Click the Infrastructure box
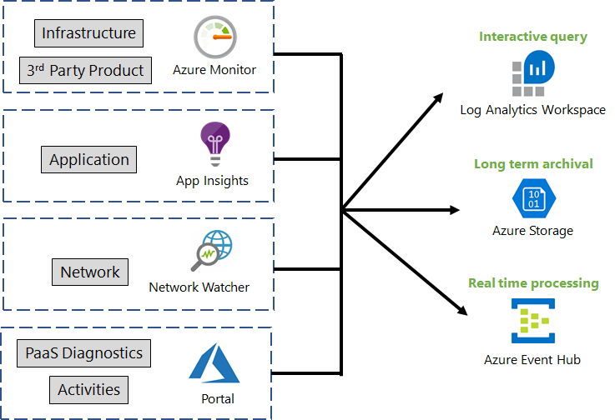pyautogui.click(x=88, y=33)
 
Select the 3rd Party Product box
pyautogui.click(x=85, y=71)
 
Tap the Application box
pyautogui.click(x=89, y=160)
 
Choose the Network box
pyautogui.click(x=90, y=272)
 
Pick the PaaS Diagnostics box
pyautogui.click(x=84, y=353)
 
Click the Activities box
pyautogui.click(x=88, y=389)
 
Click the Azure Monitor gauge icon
pyautogui.click(x=214, y=37)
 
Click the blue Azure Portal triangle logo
pyautogui.click(x=214, y=363)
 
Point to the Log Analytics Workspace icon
pyautogui.click(x=532, y=74)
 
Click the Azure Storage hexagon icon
pyautogui.click(x=532, y=199)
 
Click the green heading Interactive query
pyautogui.click(x=532, y=37)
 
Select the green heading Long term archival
pyautogui.click(x=533, y=164)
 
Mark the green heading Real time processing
pyautogui.click(x=533, y=283)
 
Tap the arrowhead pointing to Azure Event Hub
pyautogui.click(x=463, y=311)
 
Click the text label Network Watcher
pyautogui.click(x=199, y=287)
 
